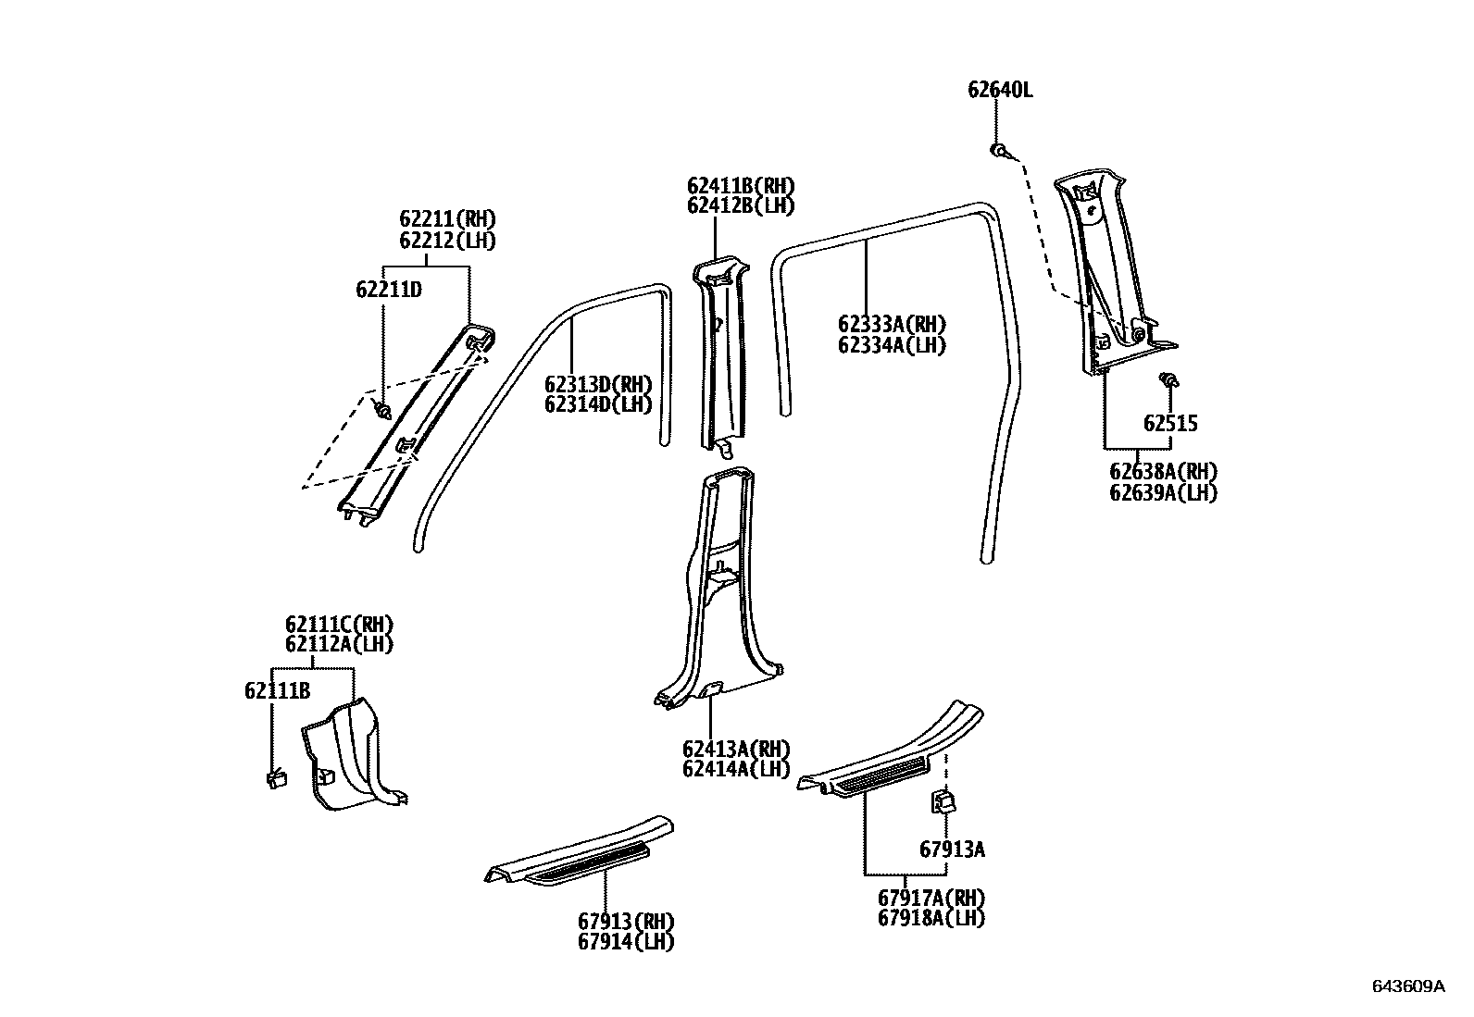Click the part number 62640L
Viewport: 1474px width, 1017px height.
click(1000, 90)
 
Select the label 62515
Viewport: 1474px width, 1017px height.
click(1170, 424)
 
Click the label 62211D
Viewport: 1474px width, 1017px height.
click(389, 290)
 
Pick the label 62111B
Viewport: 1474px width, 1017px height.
click(277, 690)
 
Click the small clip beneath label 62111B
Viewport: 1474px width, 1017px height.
click(275, 779)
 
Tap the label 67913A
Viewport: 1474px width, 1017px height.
click(952, 849)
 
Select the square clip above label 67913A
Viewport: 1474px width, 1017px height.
click(943, 800)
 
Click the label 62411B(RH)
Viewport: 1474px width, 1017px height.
click(741, 186)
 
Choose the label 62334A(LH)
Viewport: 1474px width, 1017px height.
click(892, 345)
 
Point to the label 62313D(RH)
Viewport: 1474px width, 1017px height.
click(598, 385)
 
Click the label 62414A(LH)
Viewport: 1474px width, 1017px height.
click(736, 769)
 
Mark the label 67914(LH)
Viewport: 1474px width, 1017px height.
click(626, 942)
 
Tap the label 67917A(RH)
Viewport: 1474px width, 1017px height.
click(931, 898)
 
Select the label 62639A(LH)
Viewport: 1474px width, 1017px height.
click(1163, 492)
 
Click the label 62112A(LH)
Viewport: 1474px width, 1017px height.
click(339, 644)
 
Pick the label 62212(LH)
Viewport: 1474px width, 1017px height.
click(447, 241)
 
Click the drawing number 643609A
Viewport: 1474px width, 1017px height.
click(1408, 986)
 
